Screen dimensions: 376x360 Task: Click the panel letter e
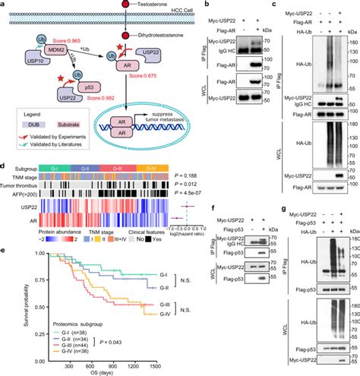tap(5, 248)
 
